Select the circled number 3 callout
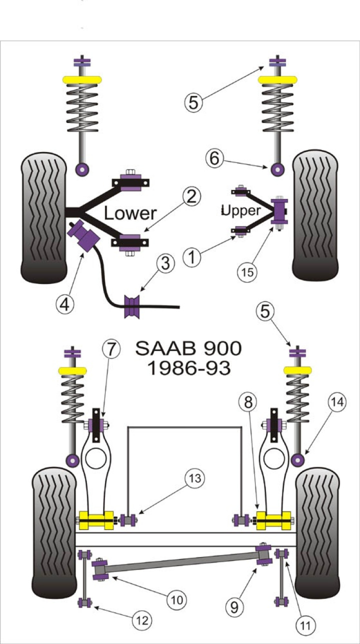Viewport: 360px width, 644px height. tap(164, 263)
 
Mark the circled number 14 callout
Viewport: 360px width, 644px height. tap(336, 401)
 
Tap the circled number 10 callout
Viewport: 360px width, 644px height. tap(177, 598)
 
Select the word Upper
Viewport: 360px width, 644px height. tap(241, 210)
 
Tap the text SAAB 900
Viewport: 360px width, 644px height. tap(189, 348)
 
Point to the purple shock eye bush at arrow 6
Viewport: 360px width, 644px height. tap(276, 169)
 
